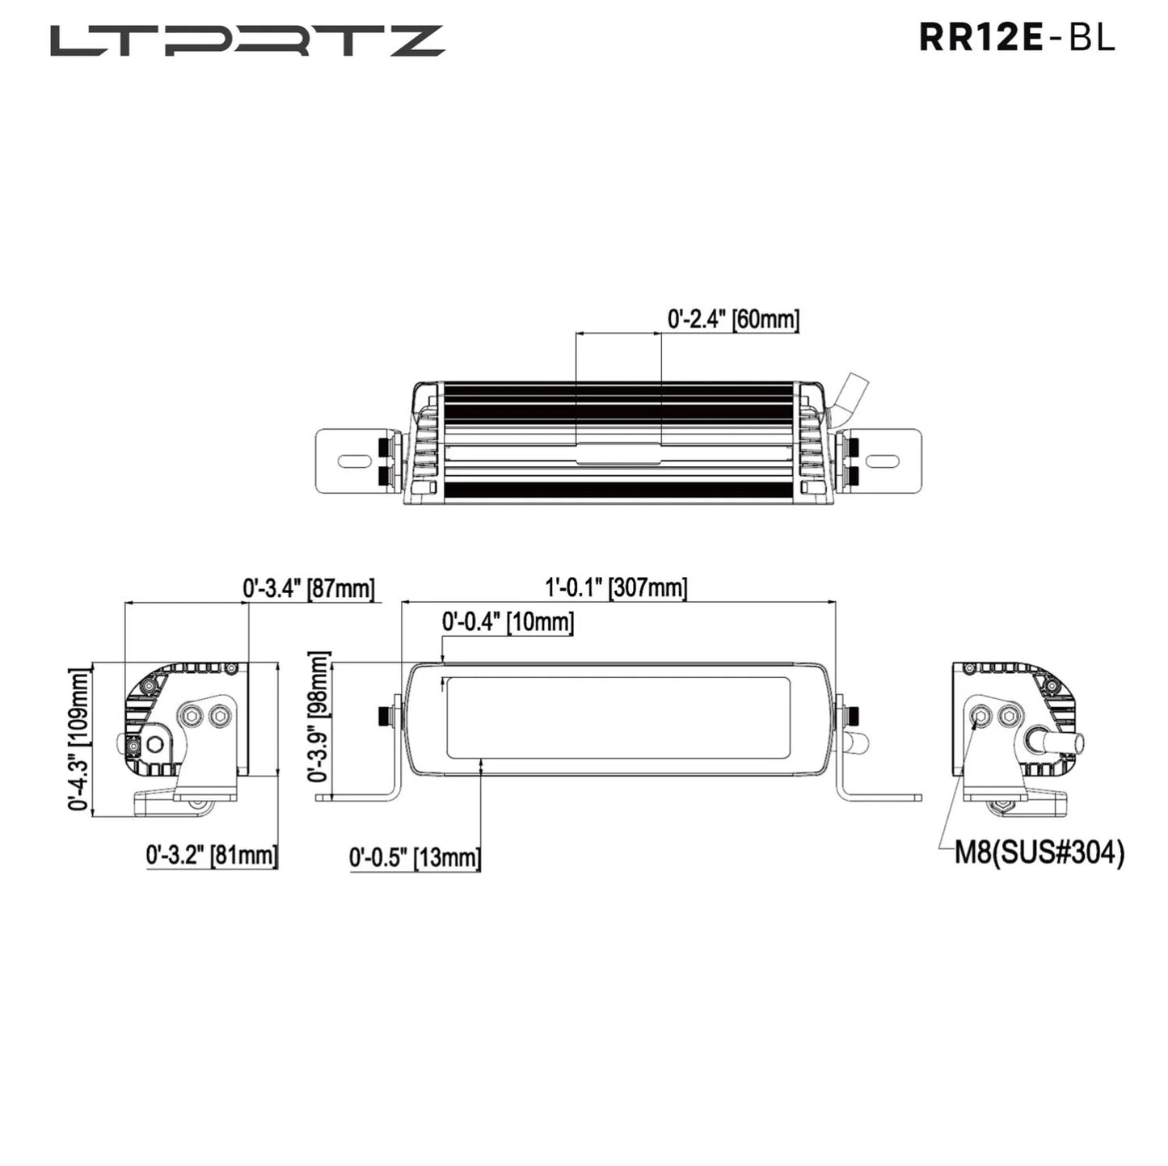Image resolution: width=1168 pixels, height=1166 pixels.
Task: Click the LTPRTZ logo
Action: coord(247,40)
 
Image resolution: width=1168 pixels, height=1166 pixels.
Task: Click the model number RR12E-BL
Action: coord(1016,38)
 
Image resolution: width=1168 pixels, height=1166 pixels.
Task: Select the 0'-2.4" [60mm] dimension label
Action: coord(733,320)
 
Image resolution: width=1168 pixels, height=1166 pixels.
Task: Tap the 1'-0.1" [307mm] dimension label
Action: coord(617,587)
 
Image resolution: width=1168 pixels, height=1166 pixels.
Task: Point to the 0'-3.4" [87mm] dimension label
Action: coord(309,588)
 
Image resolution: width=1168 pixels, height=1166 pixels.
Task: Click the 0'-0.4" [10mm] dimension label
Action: coord(508,622)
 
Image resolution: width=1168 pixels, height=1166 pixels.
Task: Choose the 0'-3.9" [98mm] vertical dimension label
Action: coord(321,717)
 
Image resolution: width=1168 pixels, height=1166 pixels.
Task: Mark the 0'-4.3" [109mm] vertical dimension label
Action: coord(79,739)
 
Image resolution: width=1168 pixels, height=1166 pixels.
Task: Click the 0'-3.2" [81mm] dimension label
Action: coord(212,854)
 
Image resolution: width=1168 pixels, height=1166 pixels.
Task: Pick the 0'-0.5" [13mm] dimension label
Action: coord(415,857)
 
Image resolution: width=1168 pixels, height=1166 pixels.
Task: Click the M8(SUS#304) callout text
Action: coord(1039,852)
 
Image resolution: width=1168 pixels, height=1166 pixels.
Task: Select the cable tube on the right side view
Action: coord(1052,740)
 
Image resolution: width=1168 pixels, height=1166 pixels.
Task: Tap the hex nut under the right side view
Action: coord(1001,806)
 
